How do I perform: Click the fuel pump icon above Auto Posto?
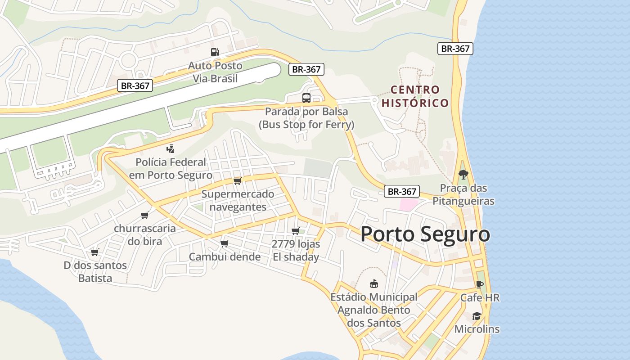[215, 52]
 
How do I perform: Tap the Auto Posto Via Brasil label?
[215, 72]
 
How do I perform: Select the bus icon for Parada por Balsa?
[306, 98]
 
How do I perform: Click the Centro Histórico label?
[415, 96]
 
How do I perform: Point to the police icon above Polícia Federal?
[170, 149]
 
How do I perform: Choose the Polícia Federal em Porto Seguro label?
[171, 169]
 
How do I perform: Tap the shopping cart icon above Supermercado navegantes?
[237, 181]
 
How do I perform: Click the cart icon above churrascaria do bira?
[144, 215]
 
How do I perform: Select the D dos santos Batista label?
[95, 272]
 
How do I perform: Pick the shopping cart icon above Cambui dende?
[224, 244]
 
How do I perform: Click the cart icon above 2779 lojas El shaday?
[295, 231]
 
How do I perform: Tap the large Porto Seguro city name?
[425, 234]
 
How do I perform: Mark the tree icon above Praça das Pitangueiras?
[463, 175]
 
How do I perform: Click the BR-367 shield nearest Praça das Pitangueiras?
[402, 191]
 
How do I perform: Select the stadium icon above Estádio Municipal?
[373, 284]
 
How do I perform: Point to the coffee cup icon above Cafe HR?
[479, 284]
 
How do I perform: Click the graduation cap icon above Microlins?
[477, 316]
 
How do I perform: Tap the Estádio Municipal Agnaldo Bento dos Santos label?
[373, 310]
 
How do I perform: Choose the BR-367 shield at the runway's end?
[306, 69]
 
